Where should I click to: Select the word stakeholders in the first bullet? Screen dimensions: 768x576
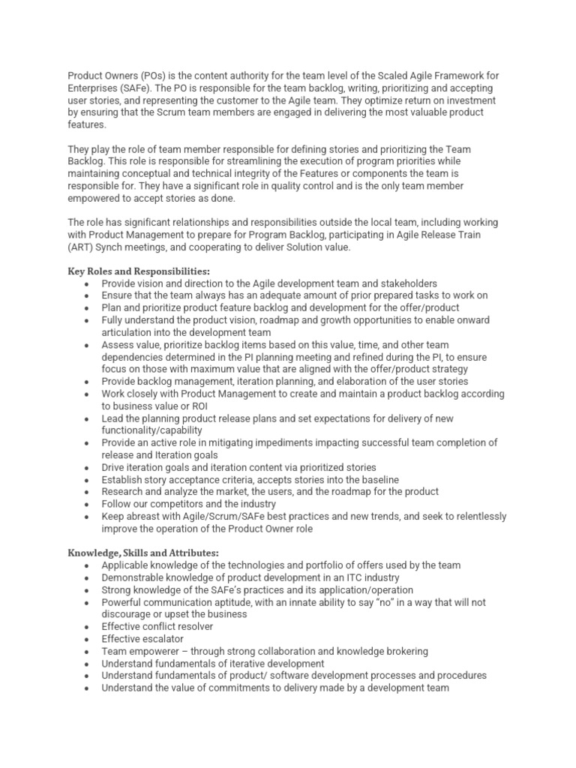click(404, 283)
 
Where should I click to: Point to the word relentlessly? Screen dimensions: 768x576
click(476, 516)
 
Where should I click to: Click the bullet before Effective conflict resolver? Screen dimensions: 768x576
click(88, 626)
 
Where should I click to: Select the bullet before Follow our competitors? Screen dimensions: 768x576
click(88, 504)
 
